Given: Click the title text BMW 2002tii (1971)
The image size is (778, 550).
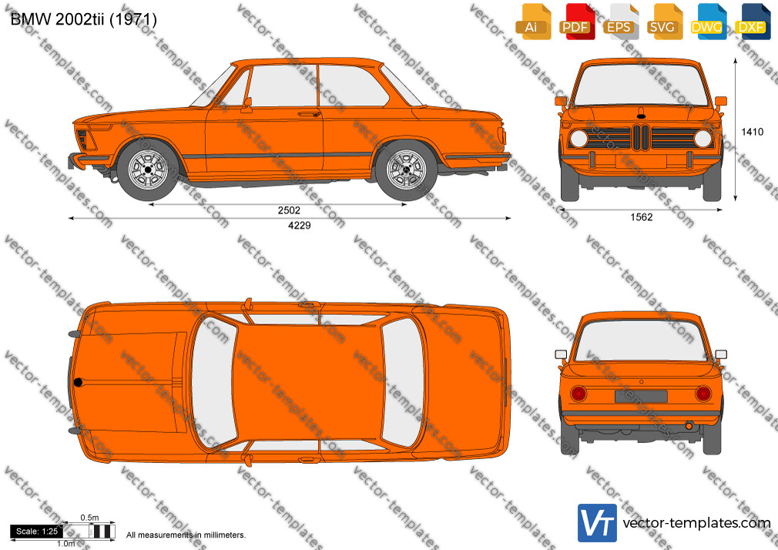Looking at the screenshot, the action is click(x=83, y=19).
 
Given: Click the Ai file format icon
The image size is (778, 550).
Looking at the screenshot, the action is click(x=533, y=22).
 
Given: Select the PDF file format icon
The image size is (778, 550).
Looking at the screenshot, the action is click(x=577, y=22).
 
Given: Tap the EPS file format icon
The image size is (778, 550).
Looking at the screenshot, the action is click(x=621, y=22).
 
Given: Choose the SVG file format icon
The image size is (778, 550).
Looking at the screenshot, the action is click(x=664, y=22).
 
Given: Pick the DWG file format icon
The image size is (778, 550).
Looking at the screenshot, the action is click(x=709, y=22).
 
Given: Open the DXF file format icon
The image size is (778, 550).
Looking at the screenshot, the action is click(x=753, y=22).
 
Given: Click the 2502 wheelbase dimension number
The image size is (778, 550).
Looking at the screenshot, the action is click(x=289, y=210).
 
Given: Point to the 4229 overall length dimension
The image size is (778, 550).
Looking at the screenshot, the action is click(x=299, y=226).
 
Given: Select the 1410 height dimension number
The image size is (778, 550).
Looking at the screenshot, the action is click(x=753, y=132).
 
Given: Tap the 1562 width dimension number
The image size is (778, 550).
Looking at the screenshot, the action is click(x=641, y=217).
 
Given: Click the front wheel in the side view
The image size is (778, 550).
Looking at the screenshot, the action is click(x=148, y=169).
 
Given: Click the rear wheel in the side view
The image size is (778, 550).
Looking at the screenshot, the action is click(x=406, y=169).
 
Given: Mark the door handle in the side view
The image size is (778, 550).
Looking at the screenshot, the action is click(x=309, y=114).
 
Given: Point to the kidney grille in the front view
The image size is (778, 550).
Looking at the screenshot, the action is click(x=641, y=137).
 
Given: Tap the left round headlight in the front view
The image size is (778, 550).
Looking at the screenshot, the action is click(x=578, y=139).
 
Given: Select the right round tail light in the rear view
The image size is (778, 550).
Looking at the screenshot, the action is click(x=703, y=394).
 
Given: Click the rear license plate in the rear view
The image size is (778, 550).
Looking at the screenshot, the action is click(x=641, y=396).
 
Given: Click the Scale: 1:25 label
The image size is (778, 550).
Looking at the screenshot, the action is click(x=37, y=532).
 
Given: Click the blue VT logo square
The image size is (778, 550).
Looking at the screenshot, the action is click(x=598, y=523).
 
